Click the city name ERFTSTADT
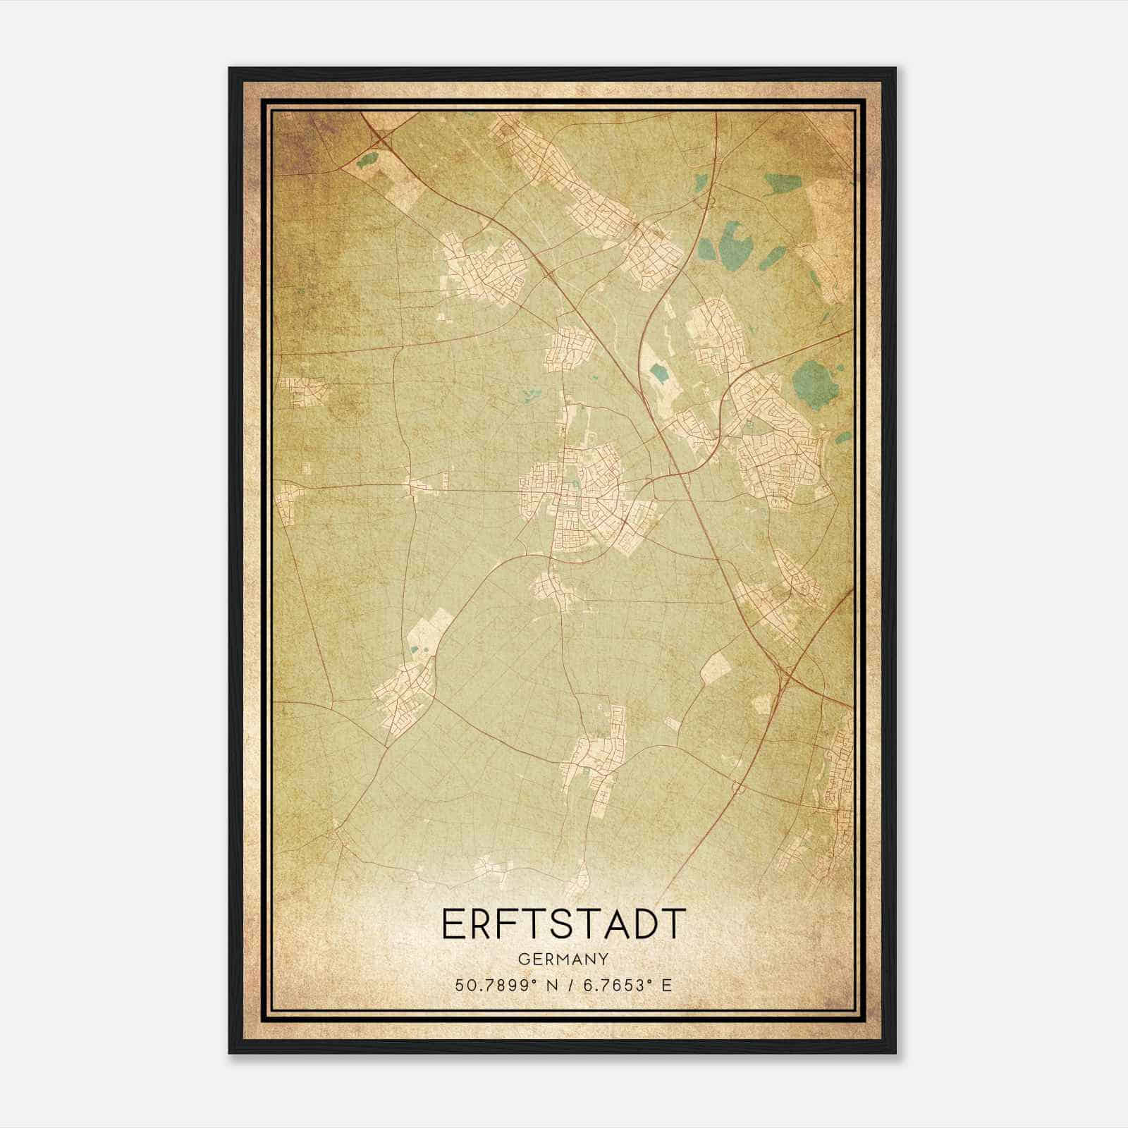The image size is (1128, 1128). pos(563,924)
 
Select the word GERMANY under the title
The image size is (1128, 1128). pos(564,959)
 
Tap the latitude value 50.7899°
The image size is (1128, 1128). pos(496,985)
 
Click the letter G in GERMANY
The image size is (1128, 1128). pos(523,959)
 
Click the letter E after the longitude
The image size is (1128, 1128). pos(666,985)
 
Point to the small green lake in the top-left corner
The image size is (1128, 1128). pos(367,159)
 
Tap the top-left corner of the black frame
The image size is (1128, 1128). pos(231,69)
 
